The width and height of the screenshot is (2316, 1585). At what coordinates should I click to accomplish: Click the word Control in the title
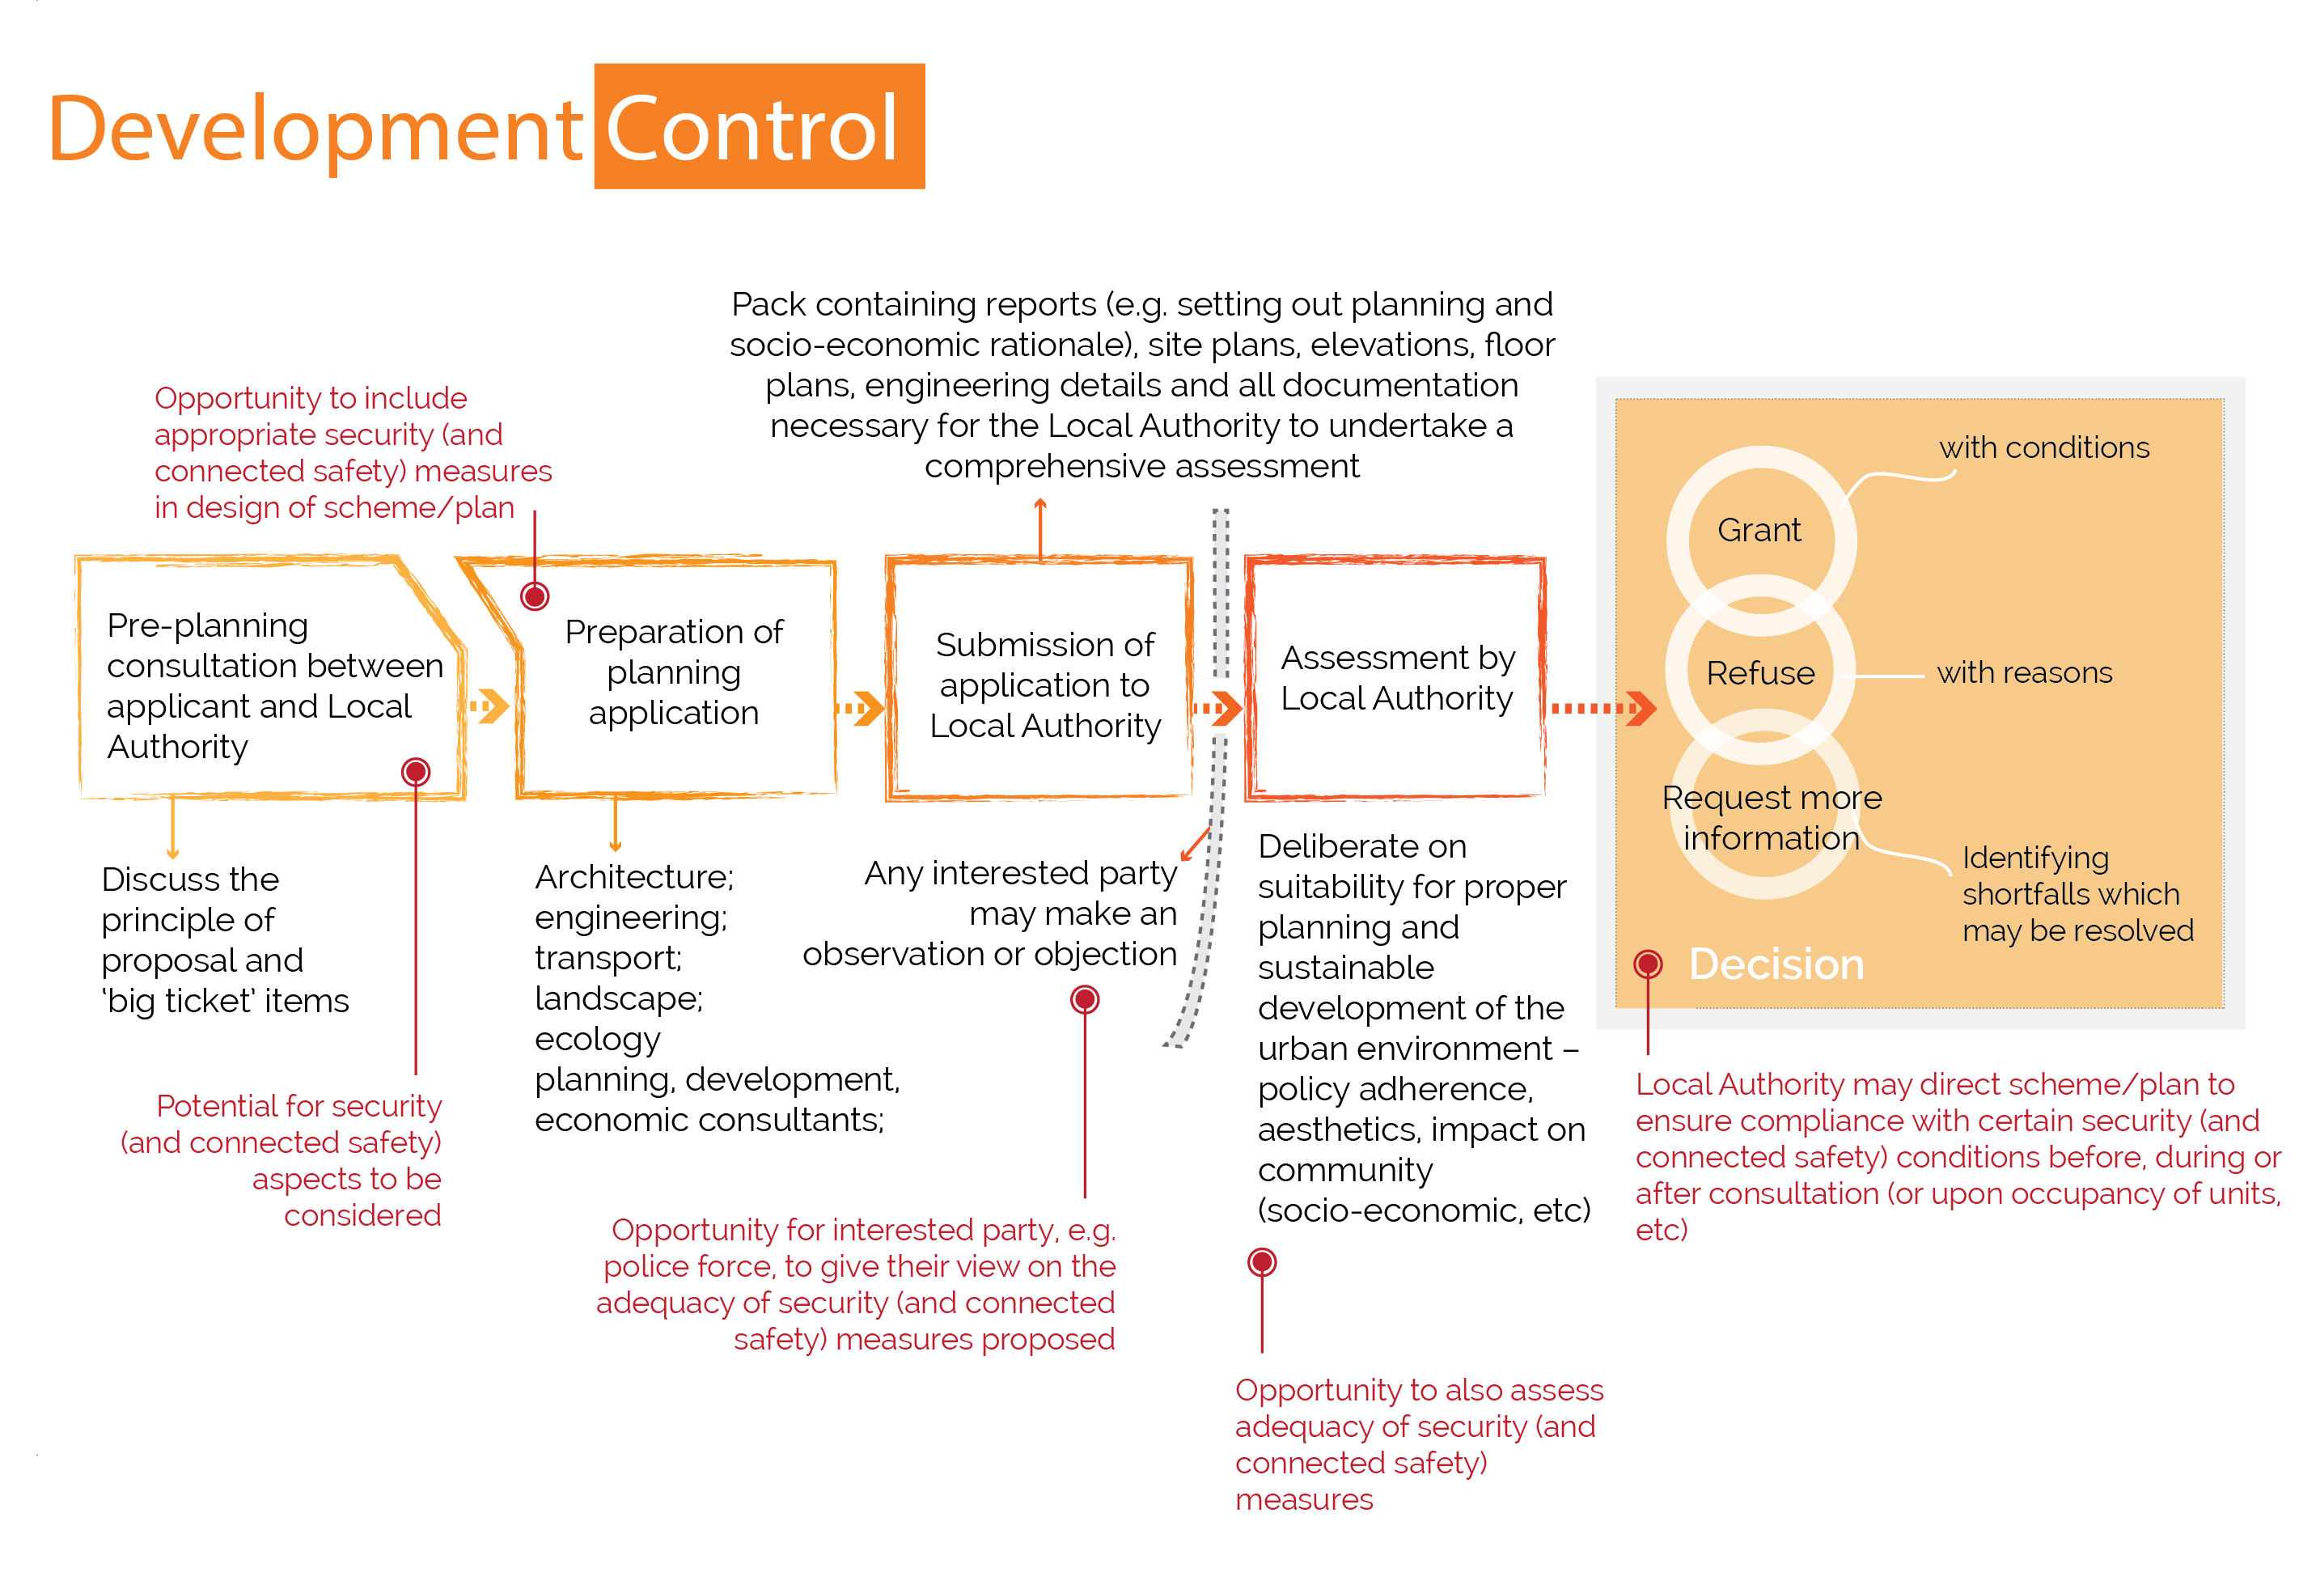coord(753,128)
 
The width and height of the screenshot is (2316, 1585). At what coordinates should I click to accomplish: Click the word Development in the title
coord(315,129)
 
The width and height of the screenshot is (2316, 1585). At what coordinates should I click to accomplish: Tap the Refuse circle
coord(1760,674)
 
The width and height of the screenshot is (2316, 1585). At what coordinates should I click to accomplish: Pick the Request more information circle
coord(1770,817)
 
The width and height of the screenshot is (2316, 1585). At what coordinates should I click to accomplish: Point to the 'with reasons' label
coord(2023,674)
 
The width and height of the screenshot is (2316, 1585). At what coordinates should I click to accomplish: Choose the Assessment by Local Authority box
coord(1396,679)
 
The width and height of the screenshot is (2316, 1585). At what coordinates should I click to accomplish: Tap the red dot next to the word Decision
coord(1647,964)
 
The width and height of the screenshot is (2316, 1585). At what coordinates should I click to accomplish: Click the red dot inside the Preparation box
coord(534,596)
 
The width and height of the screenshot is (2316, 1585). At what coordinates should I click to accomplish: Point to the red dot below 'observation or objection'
coord(1084,999)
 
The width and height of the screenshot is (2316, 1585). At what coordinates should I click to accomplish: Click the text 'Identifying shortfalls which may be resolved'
coord(2076,894)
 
